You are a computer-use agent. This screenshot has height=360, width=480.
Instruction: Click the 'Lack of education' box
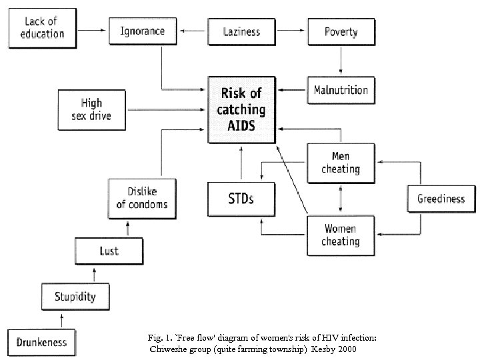pyautogui.click(x=43, y=28)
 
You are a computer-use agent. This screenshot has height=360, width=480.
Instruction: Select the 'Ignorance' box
pyautogui.click(x=142, y=31)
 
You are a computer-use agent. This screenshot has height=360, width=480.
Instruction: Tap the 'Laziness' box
pyautogui.click(x=241, y=31)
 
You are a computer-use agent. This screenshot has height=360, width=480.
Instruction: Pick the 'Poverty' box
pyautogui.click(x=341, y=31)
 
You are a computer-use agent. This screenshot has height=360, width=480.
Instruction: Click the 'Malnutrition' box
pyautogui.click(x=340, y=89)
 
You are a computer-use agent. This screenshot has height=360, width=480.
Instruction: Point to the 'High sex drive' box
pyautogui.click(x=92, y=110)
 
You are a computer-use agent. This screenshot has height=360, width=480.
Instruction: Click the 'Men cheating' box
pyautogui.click(x=341, y=163)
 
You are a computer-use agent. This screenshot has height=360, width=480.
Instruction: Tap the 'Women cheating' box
pyautogui.click(x=341, y=235)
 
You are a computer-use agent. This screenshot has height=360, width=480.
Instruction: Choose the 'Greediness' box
pyautogui.click(x=441, y=199)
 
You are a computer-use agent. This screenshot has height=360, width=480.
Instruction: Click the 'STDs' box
pyautogui.click(x=241, y=199)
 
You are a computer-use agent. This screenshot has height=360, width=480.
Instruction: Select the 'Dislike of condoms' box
pyautogui.click(x=141, y=198)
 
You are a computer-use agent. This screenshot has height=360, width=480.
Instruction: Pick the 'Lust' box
pyautogui.click(x=109, y=250)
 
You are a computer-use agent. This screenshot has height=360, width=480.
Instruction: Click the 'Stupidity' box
pyautogui.click(x=75, y=296)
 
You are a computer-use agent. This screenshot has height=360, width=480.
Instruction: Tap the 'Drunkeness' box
pyautogui.click(x=41, y=342)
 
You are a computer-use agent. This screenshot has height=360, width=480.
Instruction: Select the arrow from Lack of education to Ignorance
pyautogui.click(x=97, y=31)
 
